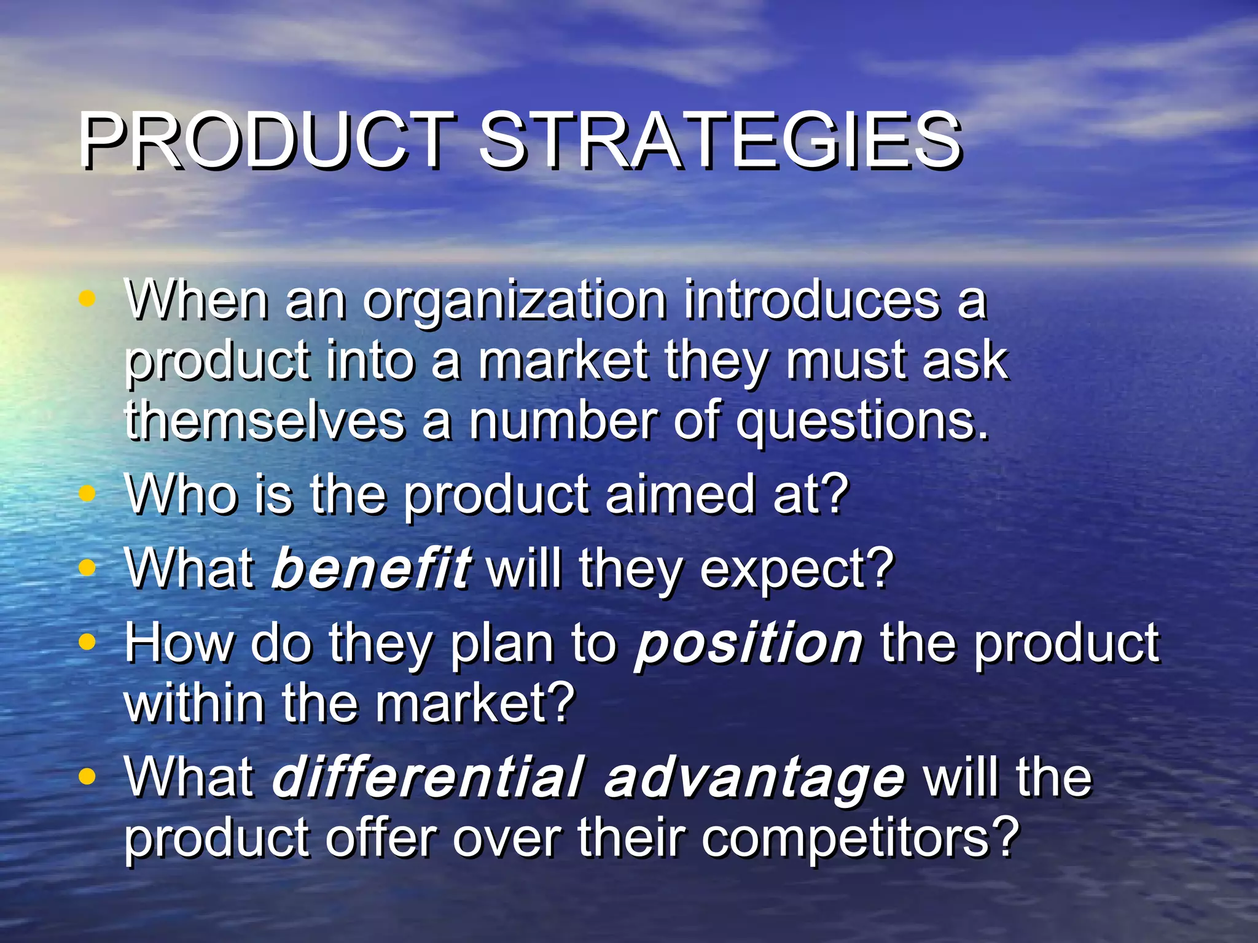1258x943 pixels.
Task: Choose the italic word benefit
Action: pyautogui.click(x=371, y=567)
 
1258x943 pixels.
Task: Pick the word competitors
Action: pyautogui.click(x=860, y=839)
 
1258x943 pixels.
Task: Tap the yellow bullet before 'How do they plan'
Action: pyautogui.click(x=88, y=642)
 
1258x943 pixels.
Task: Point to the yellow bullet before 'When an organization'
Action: pyautogui.click(x=88, y=299)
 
